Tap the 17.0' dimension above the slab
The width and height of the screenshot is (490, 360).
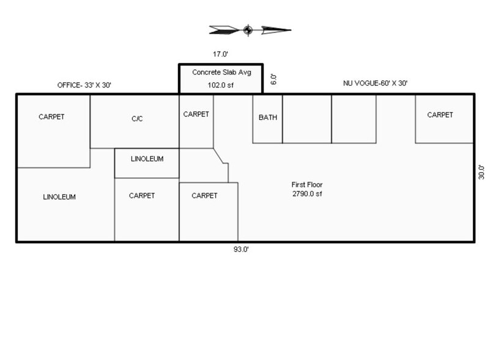coord(220,54)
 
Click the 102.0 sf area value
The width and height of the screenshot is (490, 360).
coord(221,86)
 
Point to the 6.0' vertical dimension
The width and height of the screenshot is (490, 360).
coord(274,79)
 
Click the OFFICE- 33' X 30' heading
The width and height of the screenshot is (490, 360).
coord(84,86)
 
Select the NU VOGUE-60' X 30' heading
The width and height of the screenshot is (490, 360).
coord(374,83)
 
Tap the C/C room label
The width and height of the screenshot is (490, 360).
coord(137,119)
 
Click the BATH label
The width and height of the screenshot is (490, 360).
coord(267,118)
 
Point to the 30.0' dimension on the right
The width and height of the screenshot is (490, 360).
coord(481,171)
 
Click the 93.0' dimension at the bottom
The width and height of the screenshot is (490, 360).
coord(240,249)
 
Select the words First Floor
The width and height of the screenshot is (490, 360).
coord(307,184)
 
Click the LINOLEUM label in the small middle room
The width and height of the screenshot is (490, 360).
coord(147,159)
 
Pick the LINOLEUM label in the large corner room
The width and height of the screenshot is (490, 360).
coord(59,197)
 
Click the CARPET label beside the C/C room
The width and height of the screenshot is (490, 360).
coord(51,116)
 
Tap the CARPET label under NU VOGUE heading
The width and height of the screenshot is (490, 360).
coord(440,114)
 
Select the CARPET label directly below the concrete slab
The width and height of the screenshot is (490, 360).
coord(196,114)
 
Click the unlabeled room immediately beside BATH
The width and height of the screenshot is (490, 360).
coord(306,119)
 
